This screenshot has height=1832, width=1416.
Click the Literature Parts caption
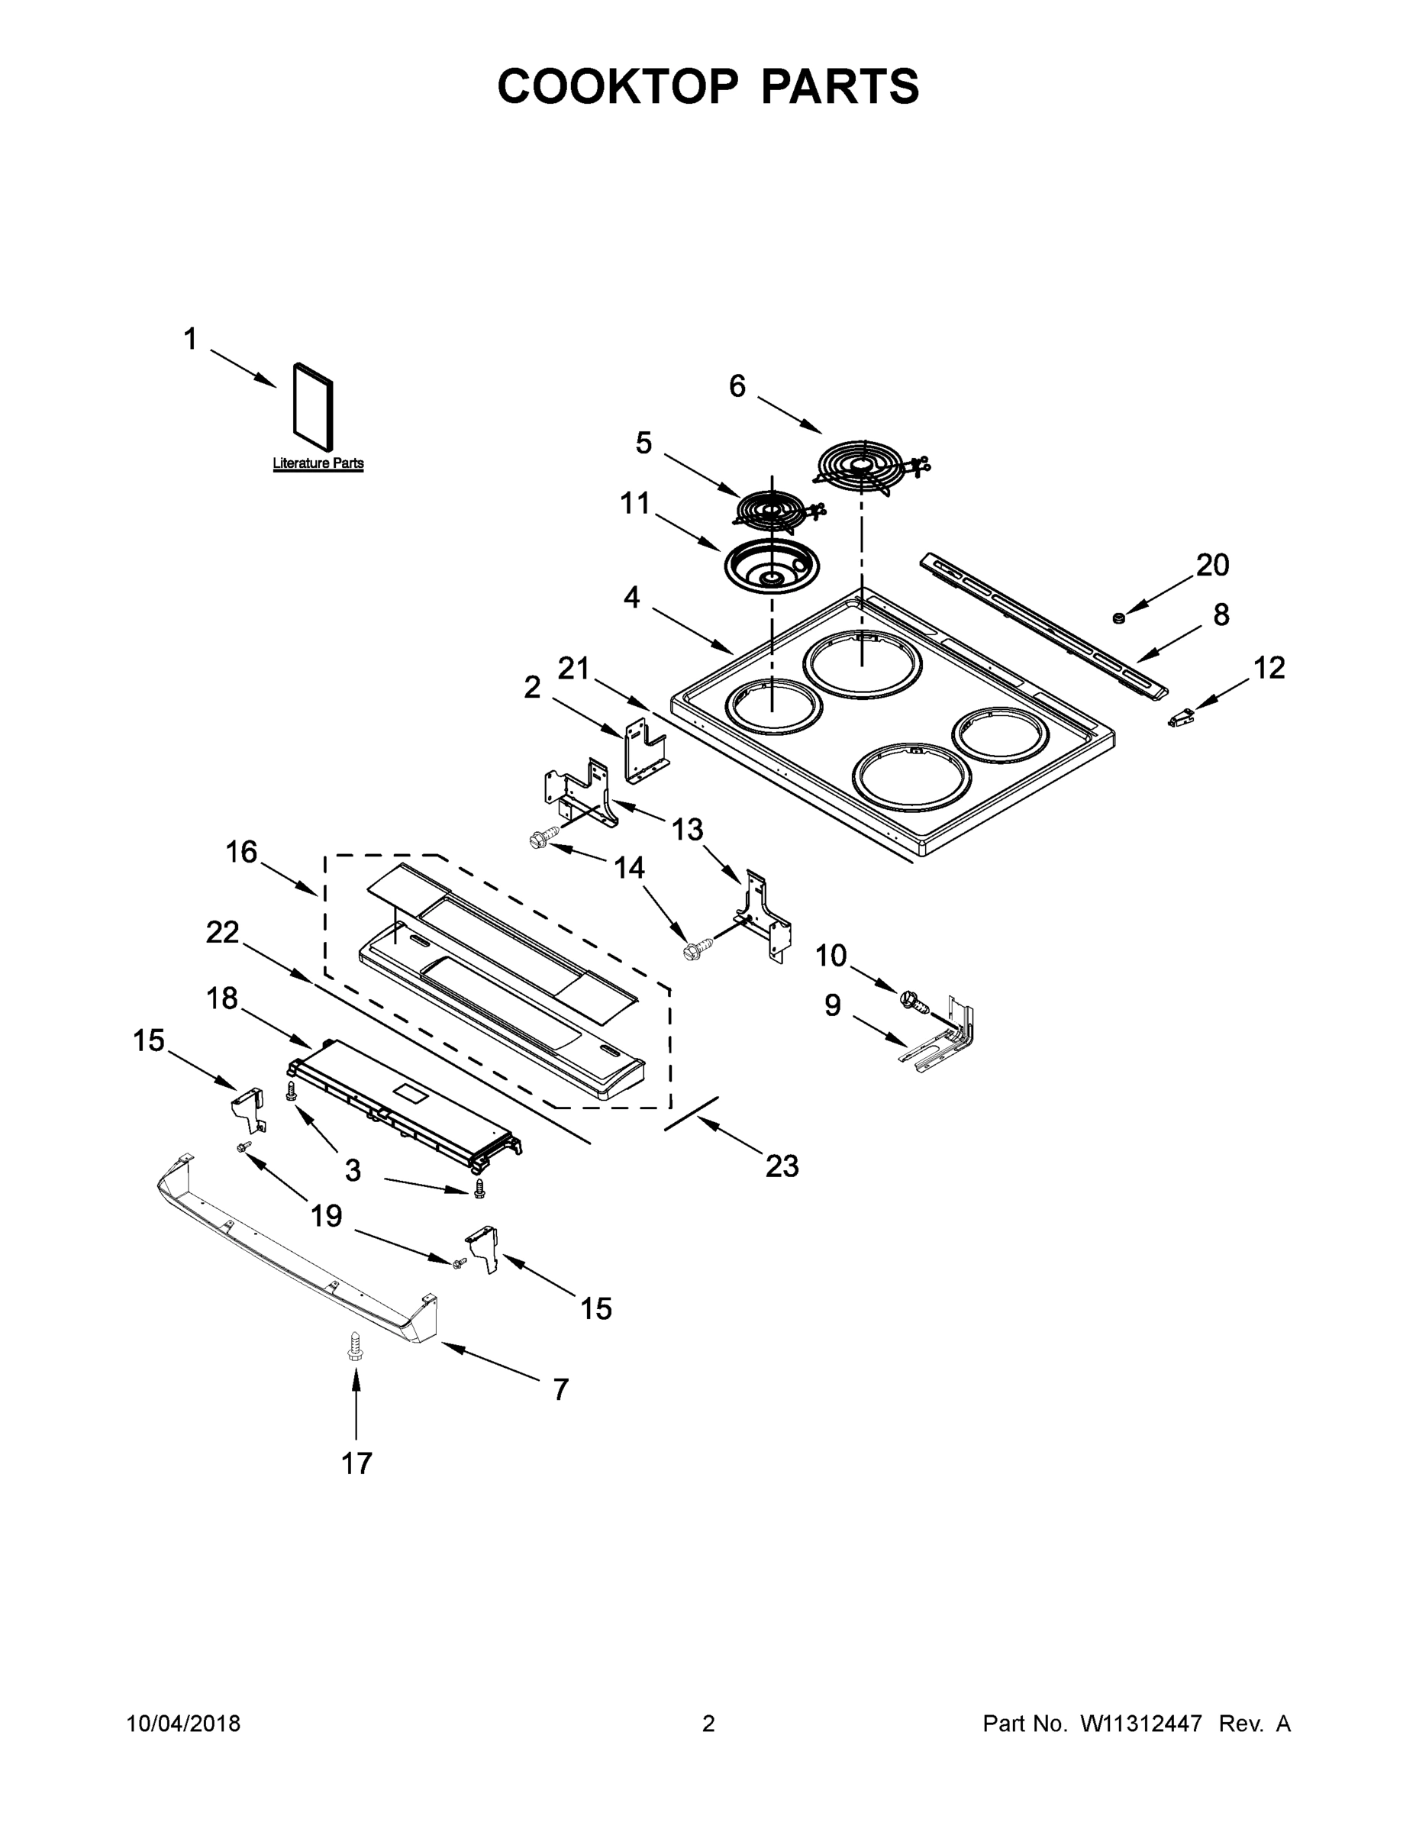pyautogui.click(x=318, y=463)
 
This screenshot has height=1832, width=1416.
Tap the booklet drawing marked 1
pyautogui.click(x=313, y=405)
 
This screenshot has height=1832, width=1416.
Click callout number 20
pyautogui.click(x=1212, y=565)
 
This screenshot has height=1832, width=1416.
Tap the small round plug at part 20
pyautogui.click(x=1118, y=618)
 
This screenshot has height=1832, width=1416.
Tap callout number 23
pyautogui.click(x=782, y=1165)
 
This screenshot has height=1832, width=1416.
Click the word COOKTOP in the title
pyautogui.click(x=619, y=85)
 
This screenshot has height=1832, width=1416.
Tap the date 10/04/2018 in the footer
pyautogui.click(x=184, y=1724)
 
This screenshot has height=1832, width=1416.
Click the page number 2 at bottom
pyautogui.click(x=708, y=1724)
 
